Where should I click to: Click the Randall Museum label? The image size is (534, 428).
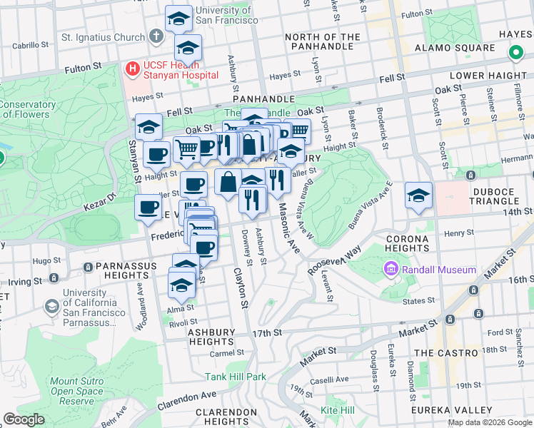(438, 270)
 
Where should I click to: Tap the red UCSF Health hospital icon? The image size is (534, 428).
(132, 69)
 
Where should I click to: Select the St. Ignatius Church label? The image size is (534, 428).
(103, 37)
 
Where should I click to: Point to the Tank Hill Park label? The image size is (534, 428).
(235, 377)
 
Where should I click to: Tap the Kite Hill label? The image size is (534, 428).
(337, 410)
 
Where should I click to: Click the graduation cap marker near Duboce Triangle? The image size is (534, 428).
(418, 196)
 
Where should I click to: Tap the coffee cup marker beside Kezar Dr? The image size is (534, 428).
(148, 207)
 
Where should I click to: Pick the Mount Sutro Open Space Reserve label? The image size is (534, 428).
(76, 391)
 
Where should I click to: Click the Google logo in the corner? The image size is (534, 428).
(24, 419)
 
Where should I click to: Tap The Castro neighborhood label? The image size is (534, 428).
(446, 353)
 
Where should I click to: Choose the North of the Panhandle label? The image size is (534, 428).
(323, 42)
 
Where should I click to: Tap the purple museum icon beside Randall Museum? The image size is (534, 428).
(391, 270)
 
